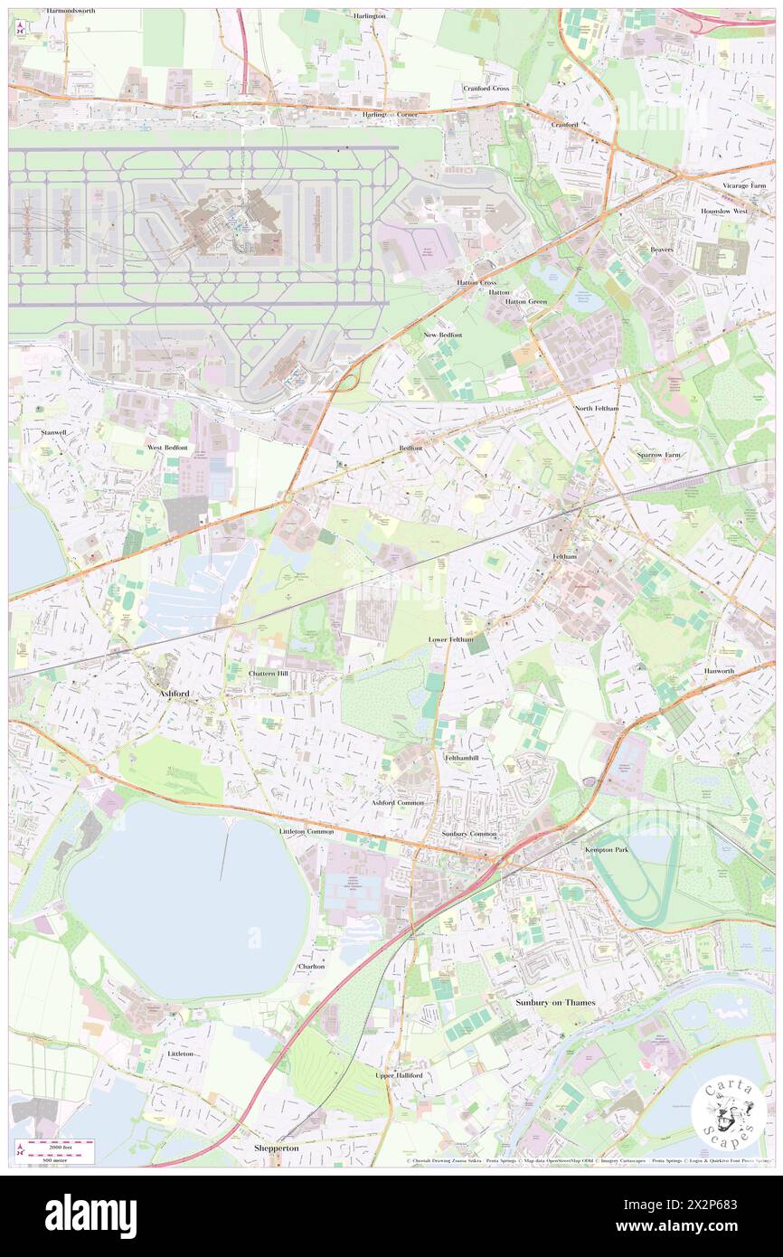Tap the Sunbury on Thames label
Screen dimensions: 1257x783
(x=556, y=1002)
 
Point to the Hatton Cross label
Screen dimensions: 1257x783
(x=476, y=282)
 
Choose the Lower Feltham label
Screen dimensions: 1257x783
(x=450, y=639)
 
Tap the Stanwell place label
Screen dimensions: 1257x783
(x=54, y=432)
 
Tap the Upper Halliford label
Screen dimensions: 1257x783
(x=399, y=1074)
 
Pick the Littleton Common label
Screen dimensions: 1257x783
(x=307, y=831)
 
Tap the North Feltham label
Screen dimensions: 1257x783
(x=597, y=409)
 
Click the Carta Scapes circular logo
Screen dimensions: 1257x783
(x=728, y=1111)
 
